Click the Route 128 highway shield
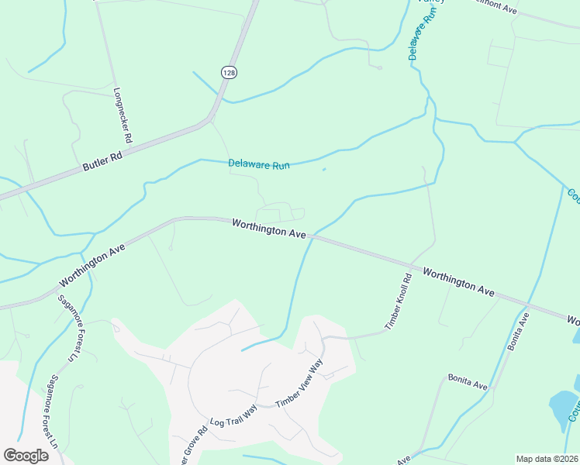(228, 72)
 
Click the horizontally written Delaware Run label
(259, 164)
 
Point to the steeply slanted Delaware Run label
(418, 40)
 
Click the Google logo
(26, 455)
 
